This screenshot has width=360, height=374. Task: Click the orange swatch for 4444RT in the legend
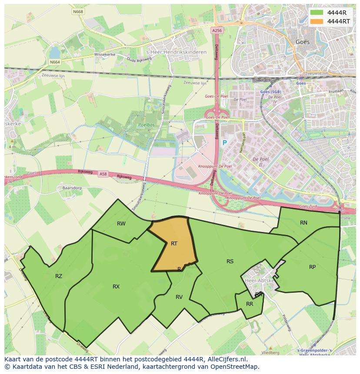pyautogui.click(x=317, y=21)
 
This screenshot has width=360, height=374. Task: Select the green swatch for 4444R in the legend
pyautogui.click(x=317, y=13)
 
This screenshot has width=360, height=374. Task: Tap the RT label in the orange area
pyautogui.click(x=174, y=244)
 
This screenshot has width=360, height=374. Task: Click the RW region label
pyautogui.click(x=121, y=224)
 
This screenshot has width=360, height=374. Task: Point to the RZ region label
pyautogui.click(x=59, y=276)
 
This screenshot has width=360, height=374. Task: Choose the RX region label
pyautogui.click(x=116, y=287)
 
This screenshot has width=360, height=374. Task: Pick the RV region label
pyautogui.click(x=179, y=297)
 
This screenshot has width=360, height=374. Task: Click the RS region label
pyautogui.click(x=230, y=261)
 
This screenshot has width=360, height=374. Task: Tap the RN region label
pyautogui.click(x=303, y=223)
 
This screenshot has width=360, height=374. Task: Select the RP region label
pyautogui.click(x=312, y=267)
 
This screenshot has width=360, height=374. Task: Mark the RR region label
pyautogui.click(x=250, y=304)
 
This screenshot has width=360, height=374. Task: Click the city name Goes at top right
pyautogui.click(x=302, y=42)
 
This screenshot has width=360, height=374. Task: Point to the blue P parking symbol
pyautogui.click(x=225, y=143)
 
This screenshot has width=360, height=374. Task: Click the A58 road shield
pyautogui.click(x=103, y=174)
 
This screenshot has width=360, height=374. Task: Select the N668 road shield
pyautogui.click(x=78, y=12)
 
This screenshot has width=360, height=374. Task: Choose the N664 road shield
pyautogui.click(x=55, y=62)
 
